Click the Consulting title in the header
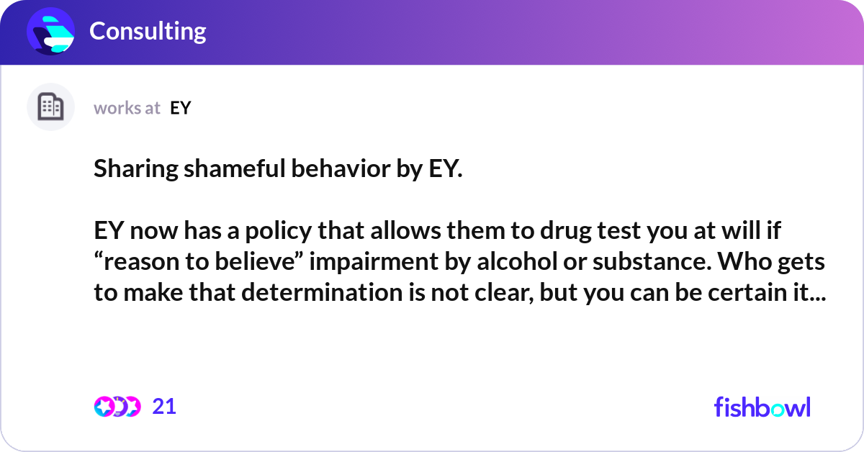pyautogui.click(x=148, y=31)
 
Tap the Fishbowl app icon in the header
pyautogui.click(x=50, y=31)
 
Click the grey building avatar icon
pyautogui.click(x=50, y=107)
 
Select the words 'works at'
pyautogui.click(x=127, y=108)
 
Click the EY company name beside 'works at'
pyautogui.click(x=181, y=108)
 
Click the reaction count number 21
pyautogui.click(x=164, y=407)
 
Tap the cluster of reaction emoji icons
pyautogui.click(x=117, y=407)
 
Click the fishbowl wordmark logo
pyautogui.click(x=762, y=407)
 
